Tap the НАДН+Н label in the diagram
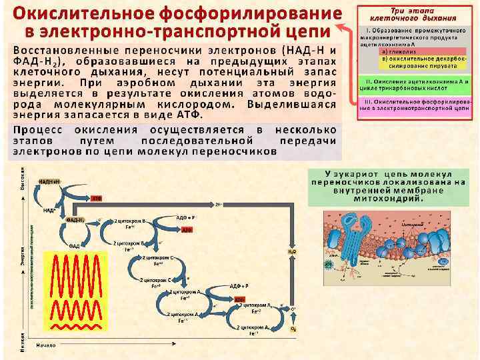51,181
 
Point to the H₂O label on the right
291,251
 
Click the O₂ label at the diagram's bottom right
293,329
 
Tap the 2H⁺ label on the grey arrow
219,204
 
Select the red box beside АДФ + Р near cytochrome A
239,299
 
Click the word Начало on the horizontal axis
47,345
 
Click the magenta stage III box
417,104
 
